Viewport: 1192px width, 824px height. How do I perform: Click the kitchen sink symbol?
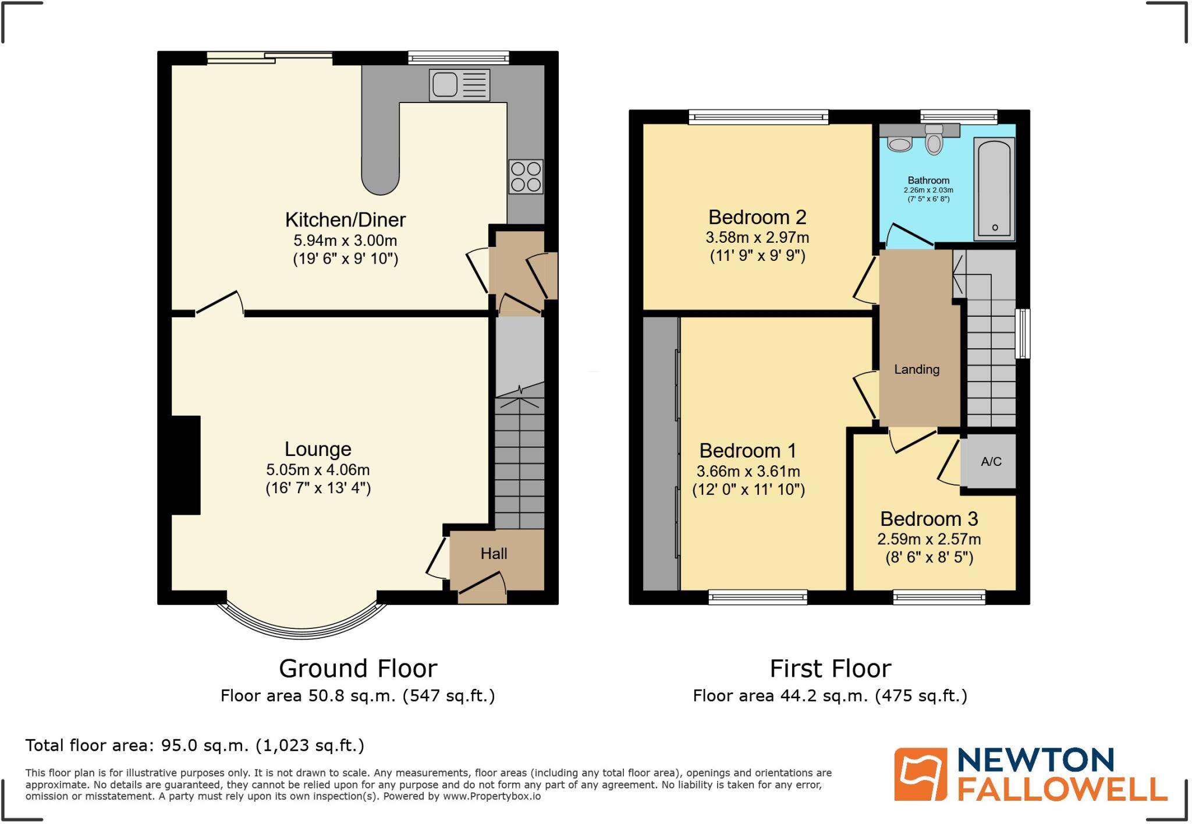point(459,85)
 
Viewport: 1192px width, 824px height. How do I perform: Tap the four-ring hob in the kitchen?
point(526,177)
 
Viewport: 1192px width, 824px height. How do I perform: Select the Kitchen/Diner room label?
point(345,220)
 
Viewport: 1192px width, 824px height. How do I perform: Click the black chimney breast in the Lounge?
point(186,465)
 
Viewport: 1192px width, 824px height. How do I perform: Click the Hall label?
point(494,554)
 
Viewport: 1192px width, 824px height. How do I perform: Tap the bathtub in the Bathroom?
point(994,189)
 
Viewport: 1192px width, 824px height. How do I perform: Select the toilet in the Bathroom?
point(934,140)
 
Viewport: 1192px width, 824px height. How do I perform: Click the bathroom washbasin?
point(900,143)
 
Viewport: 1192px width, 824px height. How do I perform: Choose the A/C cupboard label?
point(991,462)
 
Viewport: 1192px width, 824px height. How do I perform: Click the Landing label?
point(917,369)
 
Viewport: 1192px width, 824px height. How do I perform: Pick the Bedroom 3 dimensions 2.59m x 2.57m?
point(929,539)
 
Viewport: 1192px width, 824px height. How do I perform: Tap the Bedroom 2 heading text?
point(757,217)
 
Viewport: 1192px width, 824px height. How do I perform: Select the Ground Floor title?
point(358,669)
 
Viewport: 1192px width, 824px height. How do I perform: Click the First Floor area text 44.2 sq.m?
point(829,696)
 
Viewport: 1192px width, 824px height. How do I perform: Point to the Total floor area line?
point(194,745)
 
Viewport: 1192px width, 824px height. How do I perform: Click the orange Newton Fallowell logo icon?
point(920,774)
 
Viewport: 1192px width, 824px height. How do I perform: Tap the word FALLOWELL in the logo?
point(1062,789)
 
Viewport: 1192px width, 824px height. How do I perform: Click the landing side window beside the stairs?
point(1022,333)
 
